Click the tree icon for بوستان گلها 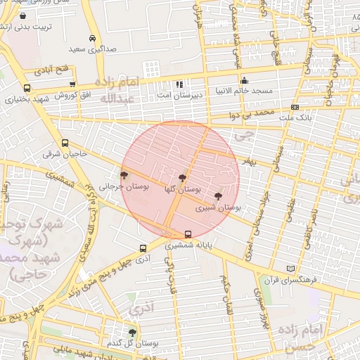click(183, 179)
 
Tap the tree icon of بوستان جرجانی click(124, 176)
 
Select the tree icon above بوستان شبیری click(218, 197)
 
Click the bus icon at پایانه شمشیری click(188, 235)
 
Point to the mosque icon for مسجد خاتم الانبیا click(244, 80)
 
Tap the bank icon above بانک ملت click(295, 107)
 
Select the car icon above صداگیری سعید click(92, 39)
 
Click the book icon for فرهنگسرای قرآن click(292, 269)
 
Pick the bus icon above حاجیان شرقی click(65, 142)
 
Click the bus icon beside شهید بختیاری click(27, 89)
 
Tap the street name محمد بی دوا click(254, 112)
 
